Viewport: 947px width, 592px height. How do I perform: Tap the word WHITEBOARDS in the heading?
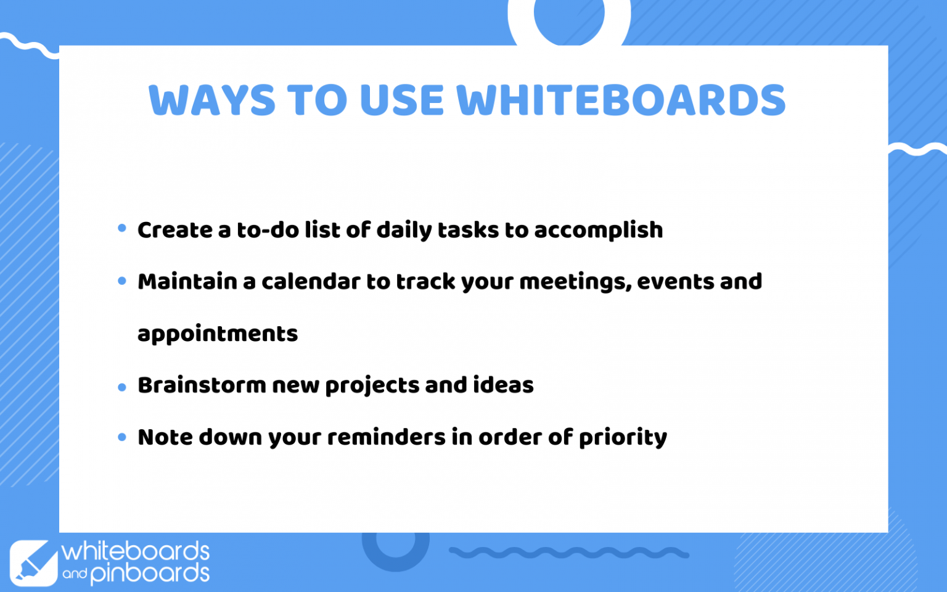[621, 101]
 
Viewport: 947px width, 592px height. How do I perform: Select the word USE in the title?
[401, 101]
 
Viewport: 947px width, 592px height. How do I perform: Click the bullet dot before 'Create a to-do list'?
[122, 229]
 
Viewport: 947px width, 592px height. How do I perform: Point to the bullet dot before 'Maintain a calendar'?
[122, 281]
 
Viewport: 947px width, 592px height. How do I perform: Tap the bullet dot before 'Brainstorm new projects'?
[122, 387]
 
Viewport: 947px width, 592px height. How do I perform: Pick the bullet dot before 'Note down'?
[122, 437]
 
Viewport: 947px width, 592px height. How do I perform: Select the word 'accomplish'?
[598, 230]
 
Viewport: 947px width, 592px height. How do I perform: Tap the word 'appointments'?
[218, 334]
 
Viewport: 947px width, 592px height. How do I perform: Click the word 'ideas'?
[503, 385]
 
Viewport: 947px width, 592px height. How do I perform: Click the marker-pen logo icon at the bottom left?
[33, 562]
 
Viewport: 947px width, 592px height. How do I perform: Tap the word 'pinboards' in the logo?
[150, 573]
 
